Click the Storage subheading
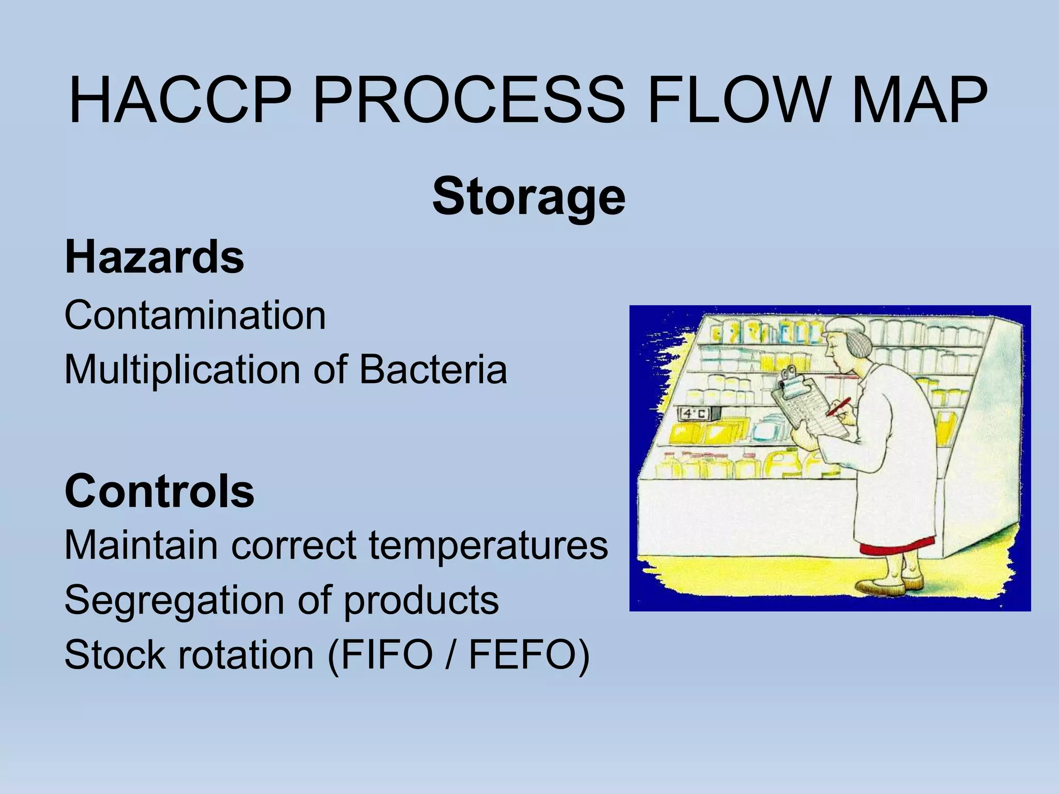(528, 197)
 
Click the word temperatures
(488, 545)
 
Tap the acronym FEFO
(523, 655)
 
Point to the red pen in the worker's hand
(838, 406)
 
